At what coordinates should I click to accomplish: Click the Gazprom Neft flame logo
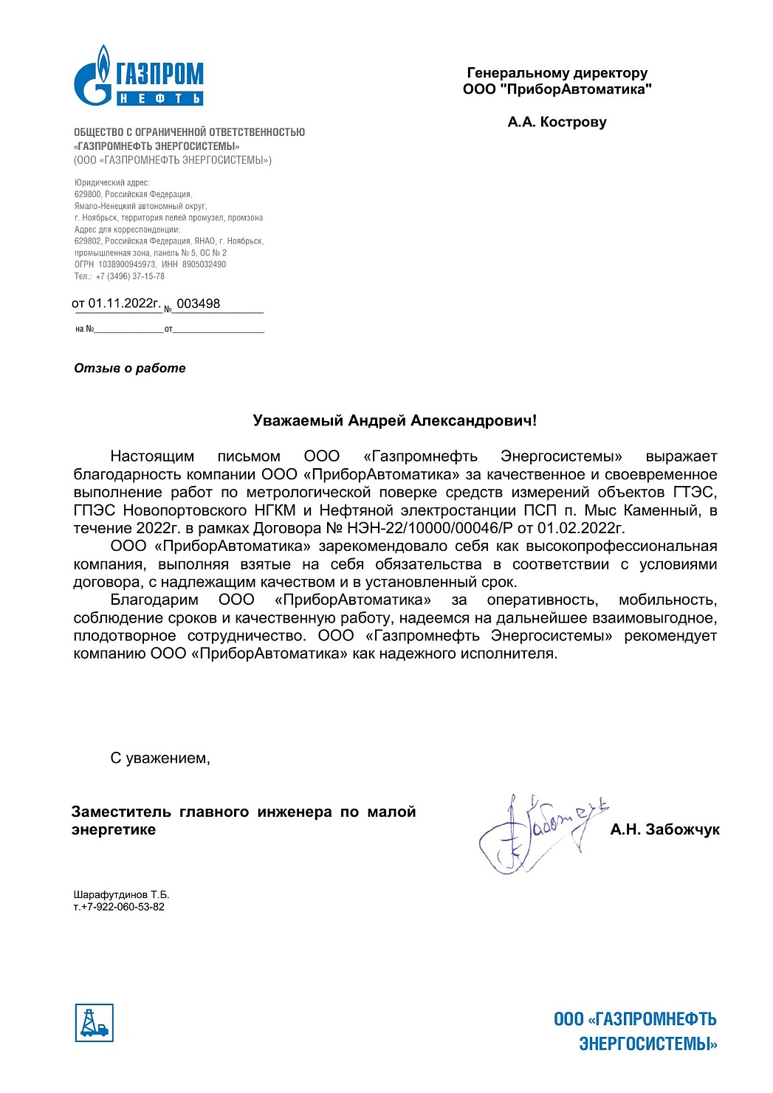pos(94,76)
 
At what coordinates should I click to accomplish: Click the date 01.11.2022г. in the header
pos(124,304)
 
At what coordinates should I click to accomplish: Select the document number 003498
pos(199,304)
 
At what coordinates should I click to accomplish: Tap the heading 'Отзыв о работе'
pos(130,368)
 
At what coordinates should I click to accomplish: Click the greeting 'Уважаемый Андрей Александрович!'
pos(394,421)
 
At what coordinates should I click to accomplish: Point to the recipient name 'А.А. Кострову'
pos(557,122)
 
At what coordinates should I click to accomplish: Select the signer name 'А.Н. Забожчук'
pos(664,829)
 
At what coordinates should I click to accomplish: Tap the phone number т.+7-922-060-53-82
pos(119,907)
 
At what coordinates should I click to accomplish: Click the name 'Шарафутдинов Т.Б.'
pos(121,894)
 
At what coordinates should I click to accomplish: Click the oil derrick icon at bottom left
pos(94,1023)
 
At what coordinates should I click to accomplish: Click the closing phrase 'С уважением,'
pos(160,758)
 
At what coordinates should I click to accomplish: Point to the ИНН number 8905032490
pos(205,264)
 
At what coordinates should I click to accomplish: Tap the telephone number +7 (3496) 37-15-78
pos(130,276)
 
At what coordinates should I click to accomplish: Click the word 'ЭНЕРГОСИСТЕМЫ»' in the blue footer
pos(647,1044)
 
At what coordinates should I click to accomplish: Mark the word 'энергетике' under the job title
pos(114,829)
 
